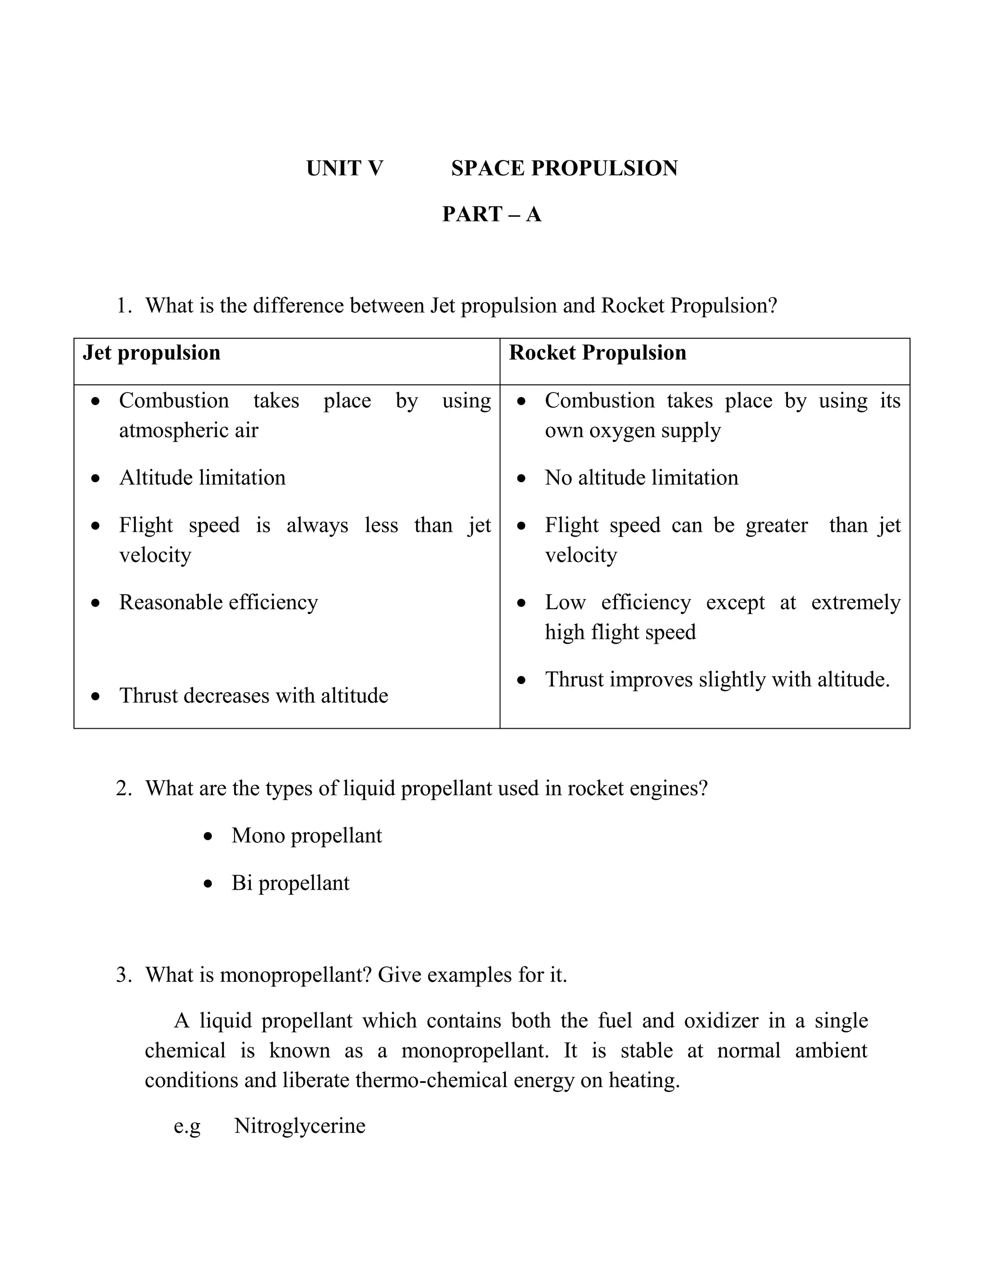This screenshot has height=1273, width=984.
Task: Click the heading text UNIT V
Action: coord(344,169)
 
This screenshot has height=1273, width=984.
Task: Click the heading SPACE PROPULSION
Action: coord(564,169)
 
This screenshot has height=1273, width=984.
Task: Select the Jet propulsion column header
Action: coord(151,353)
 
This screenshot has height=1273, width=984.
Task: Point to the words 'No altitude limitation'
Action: coord(641,478)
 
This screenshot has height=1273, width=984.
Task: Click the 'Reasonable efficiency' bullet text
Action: coord(219,602)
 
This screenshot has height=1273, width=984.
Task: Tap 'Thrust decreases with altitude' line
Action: coord(254,696)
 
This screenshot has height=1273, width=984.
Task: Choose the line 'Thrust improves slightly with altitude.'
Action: coord(717,680)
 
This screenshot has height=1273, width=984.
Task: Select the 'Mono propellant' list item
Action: coord(307,836)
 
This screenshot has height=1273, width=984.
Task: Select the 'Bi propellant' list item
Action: coord(290,883)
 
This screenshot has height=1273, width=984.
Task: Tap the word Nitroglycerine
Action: coord(300,1126)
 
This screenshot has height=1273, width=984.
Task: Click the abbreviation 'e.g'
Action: coord(187,1126)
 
